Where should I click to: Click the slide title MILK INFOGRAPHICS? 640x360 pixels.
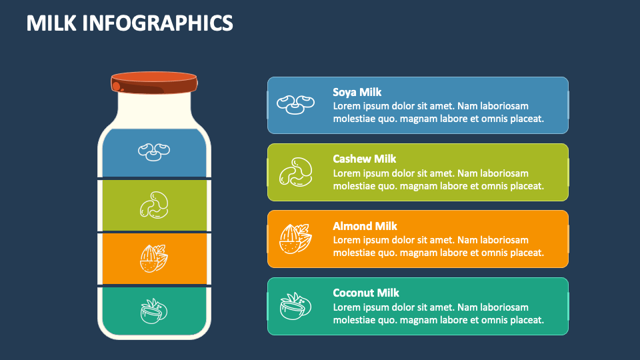click(130, 23)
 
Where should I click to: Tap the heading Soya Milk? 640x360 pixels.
click(357, 92)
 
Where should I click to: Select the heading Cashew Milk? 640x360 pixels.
click(365, 159)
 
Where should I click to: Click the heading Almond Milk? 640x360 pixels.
click(365, 226)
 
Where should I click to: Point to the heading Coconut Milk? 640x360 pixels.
click(366, 293)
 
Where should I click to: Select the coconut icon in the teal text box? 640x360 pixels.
click(295, 306)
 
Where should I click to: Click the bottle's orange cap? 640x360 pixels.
click(155, 83)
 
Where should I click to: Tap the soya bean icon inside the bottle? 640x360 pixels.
click(154, 151)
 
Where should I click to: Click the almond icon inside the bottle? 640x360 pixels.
click(154, 258)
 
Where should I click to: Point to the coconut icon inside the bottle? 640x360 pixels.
click(154, 310)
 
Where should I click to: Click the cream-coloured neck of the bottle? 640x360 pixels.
click(154, 108)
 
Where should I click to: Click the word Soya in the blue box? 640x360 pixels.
click(344, 92)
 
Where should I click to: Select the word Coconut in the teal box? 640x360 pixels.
click(354, 293)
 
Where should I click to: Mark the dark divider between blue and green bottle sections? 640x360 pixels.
click(154, 179)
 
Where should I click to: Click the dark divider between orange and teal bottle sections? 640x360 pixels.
click(154, 285)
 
